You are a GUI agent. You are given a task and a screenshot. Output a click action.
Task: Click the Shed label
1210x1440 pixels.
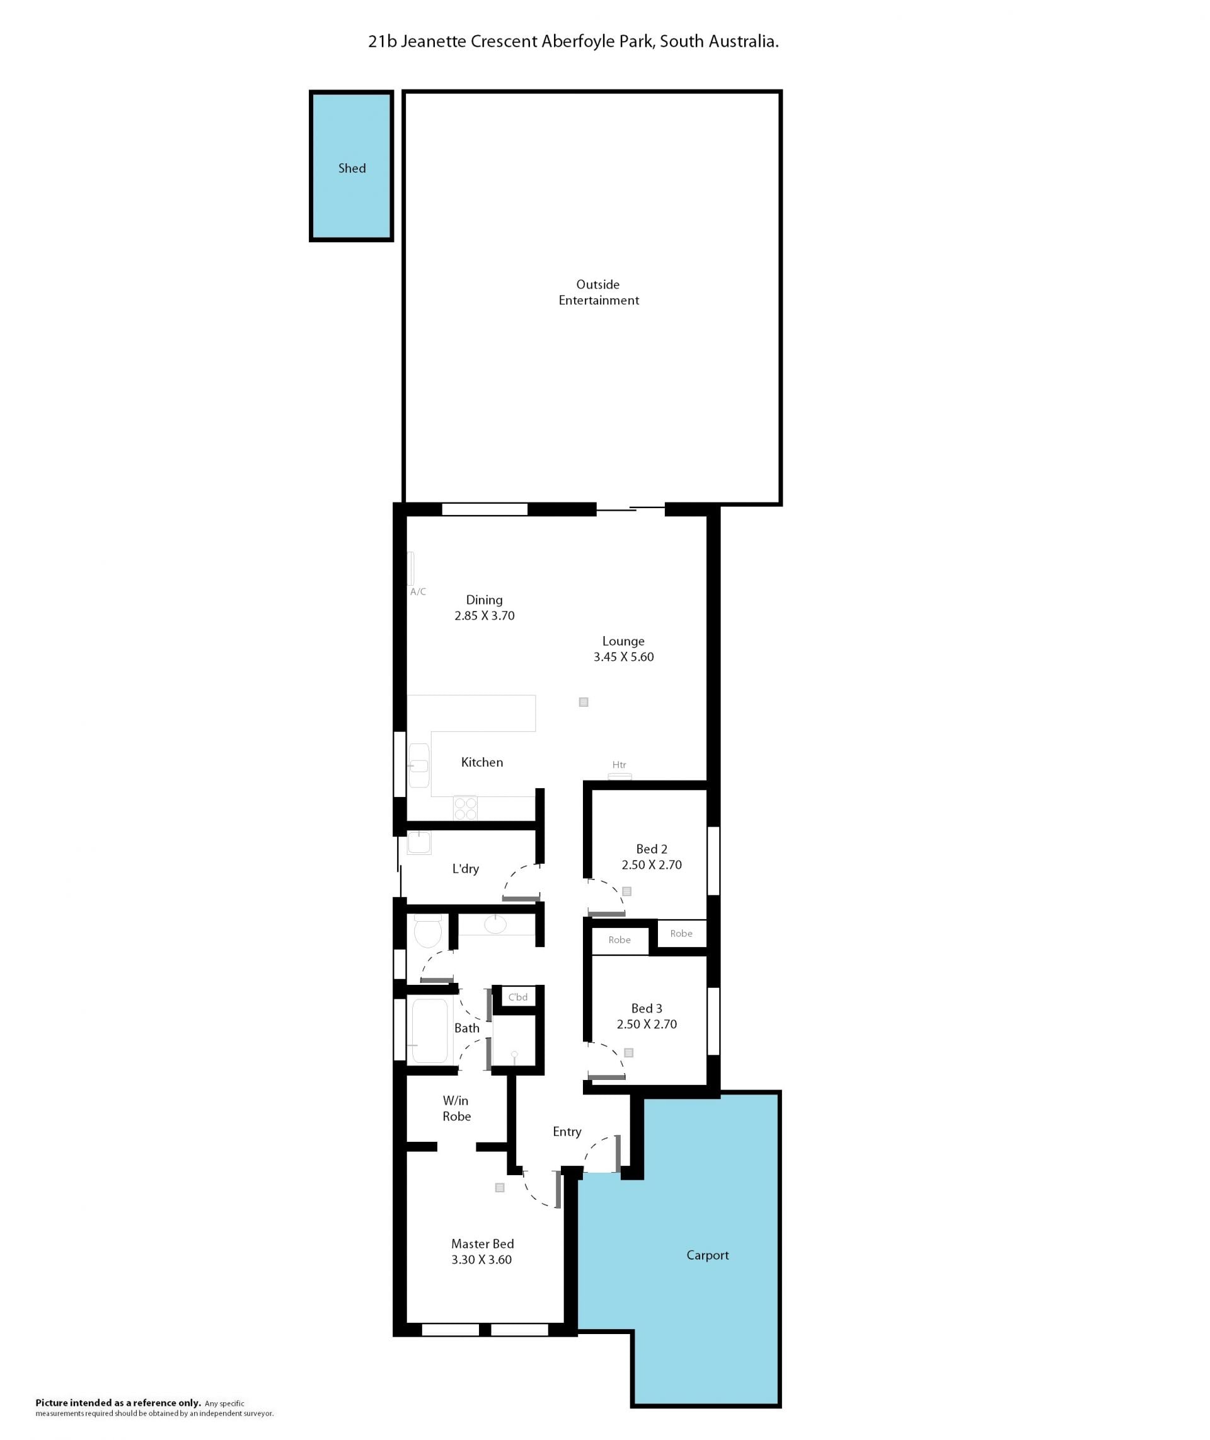coord(352,168)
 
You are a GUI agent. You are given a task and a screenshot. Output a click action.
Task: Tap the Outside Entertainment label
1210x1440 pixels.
coord(599,293)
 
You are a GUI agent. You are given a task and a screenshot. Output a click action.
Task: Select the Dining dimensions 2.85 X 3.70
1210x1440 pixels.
coord(484,615)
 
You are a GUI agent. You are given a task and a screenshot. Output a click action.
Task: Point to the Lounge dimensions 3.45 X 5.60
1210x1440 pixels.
coord(623,656)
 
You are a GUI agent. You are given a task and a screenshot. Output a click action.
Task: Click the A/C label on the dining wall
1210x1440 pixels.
coord(418,591)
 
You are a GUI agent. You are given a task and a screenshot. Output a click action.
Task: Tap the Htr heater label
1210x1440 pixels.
coord(619,764)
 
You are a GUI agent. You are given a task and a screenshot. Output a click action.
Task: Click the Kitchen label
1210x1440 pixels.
coord(482,762)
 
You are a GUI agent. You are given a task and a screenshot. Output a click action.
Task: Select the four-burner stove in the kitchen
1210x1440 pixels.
coord(465,808)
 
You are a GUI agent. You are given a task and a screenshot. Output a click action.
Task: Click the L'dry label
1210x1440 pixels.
coord(465,869)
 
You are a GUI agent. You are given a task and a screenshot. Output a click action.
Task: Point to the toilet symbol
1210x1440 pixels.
coord(428,931)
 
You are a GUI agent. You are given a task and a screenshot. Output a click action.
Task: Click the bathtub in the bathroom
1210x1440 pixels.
coord(429,1030)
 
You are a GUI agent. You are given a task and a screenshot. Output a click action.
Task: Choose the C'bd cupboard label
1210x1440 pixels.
coord(518,997)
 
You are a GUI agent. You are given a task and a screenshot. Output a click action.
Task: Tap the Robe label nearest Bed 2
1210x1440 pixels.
coord(681,933)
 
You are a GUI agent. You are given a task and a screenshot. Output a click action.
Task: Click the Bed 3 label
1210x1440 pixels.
coord(647,1007)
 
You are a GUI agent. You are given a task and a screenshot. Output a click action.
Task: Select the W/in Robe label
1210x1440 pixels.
coord(456,1108)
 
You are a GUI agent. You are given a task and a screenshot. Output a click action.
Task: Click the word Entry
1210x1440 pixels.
coord(567,1131)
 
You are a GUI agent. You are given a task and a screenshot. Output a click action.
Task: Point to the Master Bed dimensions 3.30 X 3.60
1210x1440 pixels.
coord(481,1260)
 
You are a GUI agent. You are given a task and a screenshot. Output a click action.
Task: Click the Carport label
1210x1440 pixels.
coord(708,1255)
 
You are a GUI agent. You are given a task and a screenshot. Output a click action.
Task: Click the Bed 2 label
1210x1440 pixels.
coord(652,849)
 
